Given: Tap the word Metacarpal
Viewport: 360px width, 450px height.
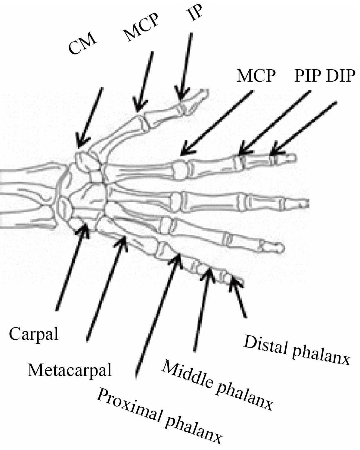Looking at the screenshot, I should click(x=70, y=370).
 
